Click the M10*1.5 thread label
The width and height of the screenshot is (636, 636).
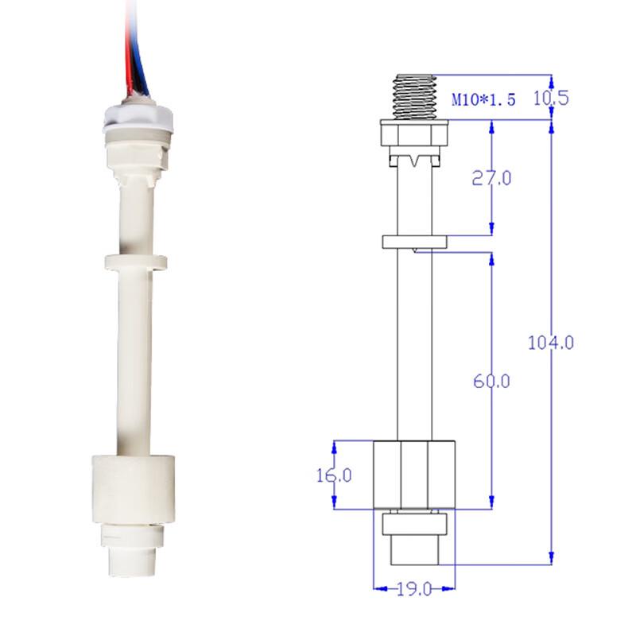(483, 100)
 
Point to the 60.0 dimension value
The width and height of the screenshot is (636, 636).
(493, 382)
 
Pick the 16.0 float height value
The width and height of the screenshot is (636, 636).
(334, 475)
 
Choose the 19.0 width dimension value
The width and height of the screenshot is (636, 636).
(413, 589)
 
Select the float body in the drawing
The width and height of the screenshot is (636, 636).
(413, 475)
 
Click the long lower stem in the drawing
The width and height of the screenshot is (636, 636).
(413, 342)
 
